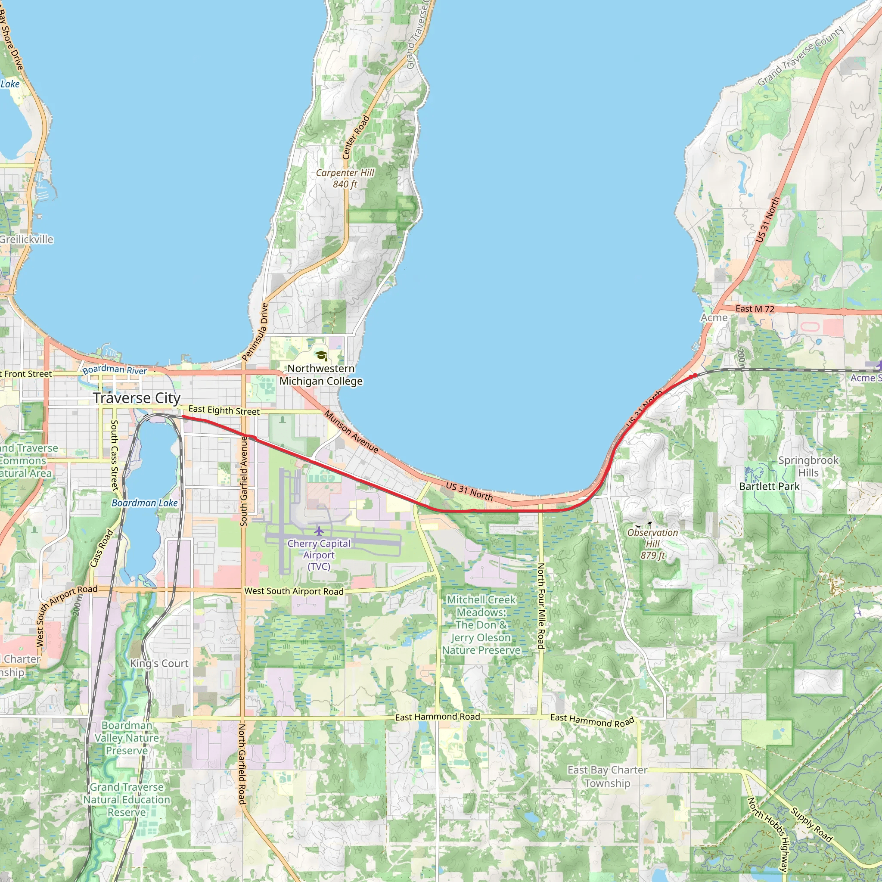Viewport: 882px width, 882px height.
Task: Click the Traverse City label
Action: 137,398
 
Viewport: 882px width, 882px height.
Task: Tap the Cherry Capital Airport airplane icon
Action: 319,531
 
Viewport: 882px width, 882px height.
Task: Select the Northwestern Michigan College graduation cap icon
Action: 321,356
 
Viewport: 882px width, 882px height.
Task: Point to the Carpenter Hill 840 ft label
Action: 345,178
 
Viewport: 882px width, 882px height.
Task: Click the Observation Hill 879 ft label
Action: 652,544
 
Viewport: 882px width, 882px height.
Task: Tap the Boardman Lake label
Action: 145,503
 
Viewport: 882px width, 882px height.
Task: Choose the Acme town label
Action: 714,317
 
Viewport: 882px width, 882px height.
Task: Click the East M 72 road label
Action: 755,309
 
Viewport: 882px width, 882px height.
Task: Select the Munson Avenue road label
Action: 351,432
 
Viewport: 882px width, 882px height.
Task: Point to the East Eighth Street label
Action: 224,410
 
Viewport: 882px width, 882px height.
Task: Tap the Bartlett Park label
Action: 769,486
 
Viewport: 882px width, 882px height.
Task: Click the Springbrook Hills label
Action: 808,466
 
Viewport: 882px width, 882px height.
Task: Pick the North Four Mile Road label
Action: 540,606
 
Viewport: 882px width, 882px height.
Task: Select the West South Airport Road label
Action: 294,591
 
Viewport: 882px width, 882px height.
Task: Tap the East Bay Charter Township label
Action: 607,776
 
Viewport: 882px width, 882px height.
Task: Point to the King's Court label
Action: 159,663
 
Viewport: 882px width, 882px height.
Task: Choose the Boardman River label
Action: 115,370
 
